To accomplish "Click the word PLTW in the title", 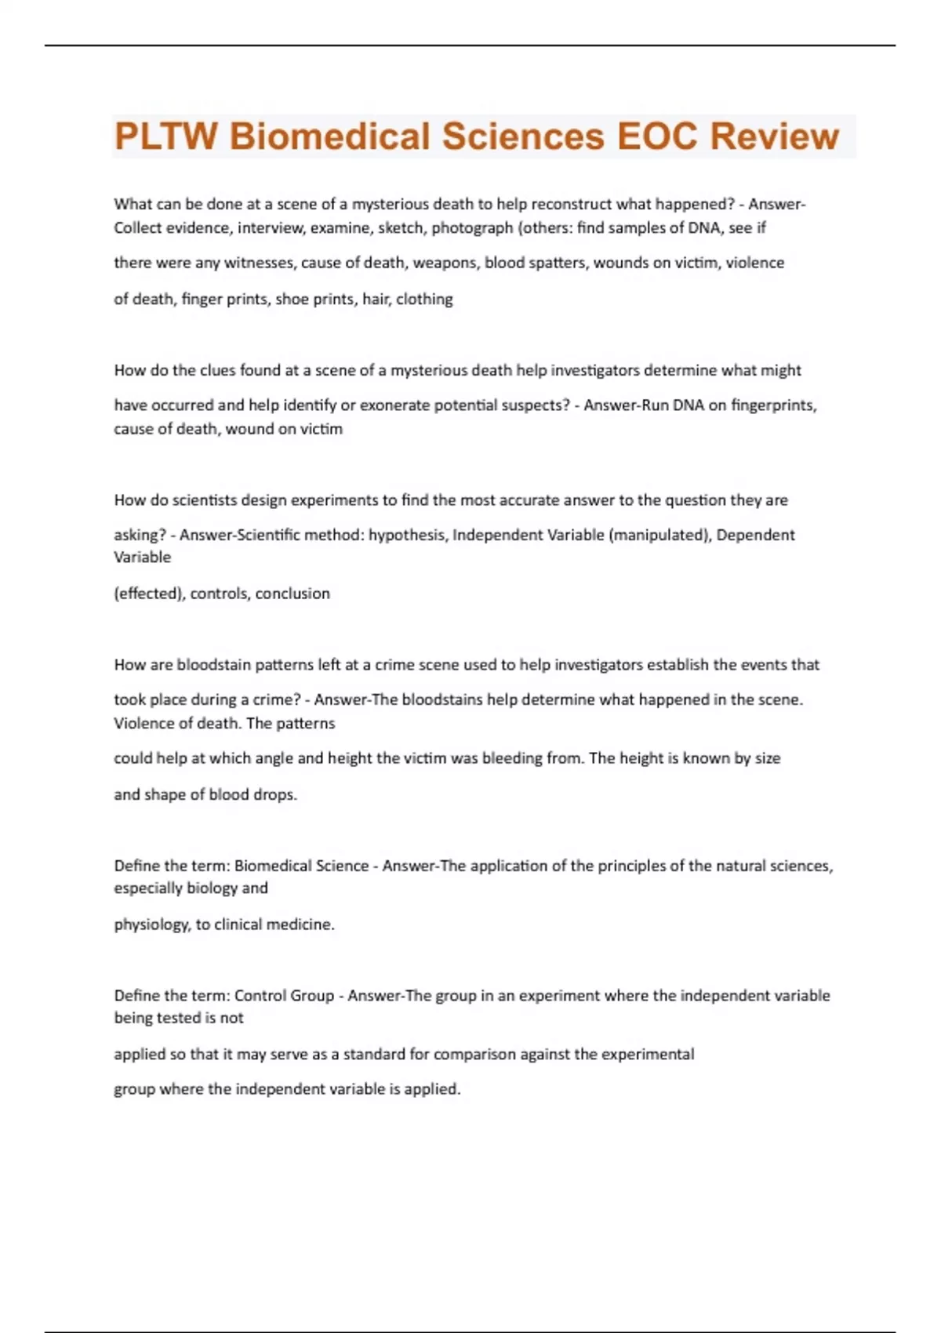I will [165, 136].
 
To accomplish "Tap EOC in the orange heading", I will [656, 136].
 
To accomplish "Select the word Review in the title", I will [774, 136].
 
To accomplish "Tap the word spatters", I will [554, 263].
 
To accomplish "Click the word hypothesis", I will [407, 535].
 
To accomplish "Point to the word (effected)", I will [149, 594].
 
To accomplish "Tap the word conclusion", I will [292, 594].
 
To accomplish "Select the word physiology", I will [151, 924].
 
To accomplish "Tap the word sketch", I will [400, 227].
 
